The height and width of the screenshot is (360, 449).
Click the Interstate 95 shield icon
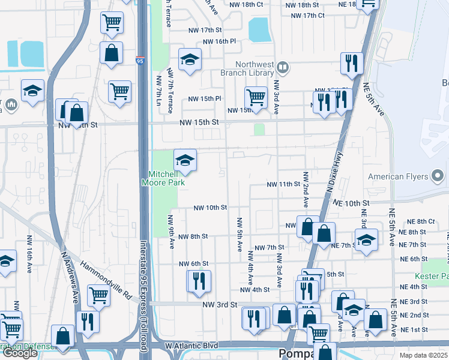139,60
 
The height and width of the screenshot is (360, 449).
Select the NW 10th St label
210,208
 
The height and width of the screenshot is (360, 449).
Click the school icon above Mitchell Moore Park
185,160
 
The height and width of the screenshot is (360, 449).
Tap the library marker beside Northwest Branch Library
282,66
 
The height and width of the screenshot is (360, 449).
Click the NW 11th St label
283,184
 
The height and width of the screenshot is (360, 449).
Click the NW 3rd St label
220,305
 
